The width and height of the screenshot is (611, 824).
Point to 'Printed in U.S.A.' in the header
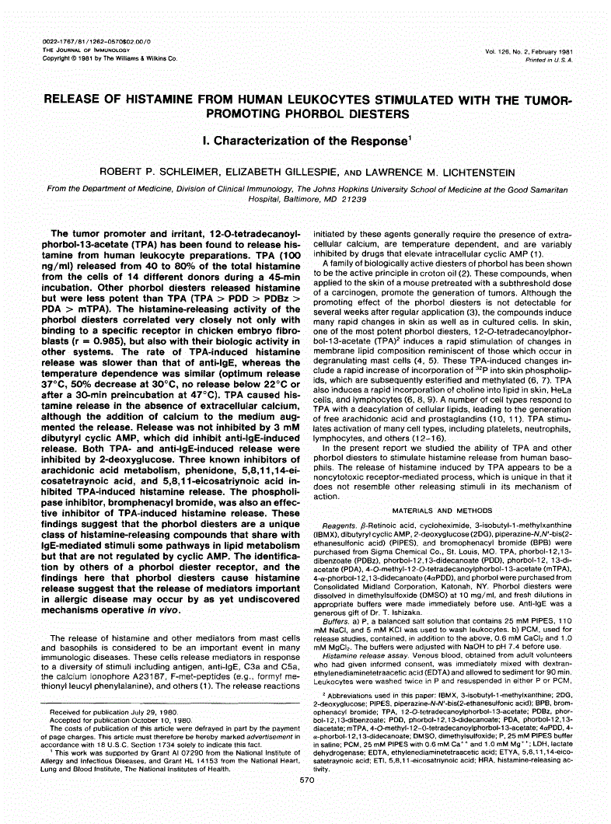(542, 59)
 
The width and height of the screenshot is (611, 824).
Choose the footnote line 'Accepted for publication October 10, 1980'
(125, 720)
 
